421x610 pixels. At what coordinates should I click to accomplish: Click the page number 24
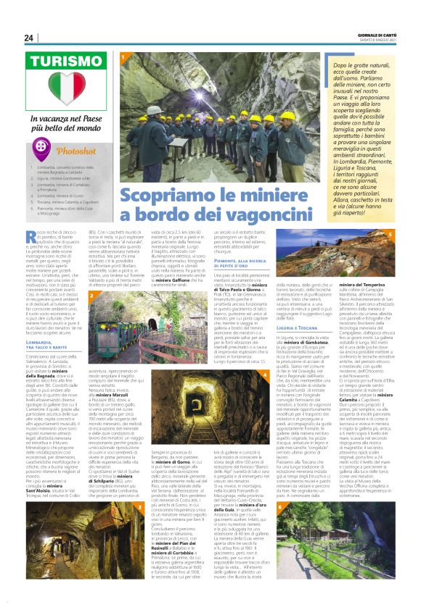point(29,38)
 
